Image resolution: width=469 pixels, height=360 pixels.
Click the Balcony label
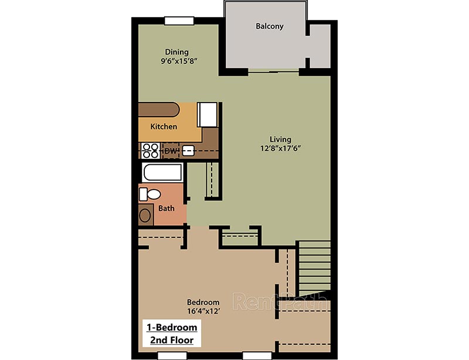coord(270,26)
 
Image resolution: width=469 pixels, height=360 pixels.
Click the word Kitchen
coord(164,127)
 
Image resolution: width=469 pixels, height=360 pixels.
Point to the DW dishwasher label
coord(171,151)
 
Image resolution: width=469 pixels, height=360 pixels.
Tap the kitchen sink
coord(188,151)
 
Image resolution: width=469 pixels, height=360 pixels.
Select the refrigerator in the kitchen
coord(208,114)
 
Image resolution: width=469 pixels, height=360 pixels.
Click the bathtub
coord(162,174)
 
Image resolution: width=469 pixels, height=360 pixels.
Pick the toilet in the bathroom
coord(151,194)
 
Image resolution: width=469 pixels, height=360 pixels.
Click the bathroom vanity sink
coord(145,215)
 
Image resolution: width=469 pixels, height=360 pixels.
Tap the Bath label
coord(166,208)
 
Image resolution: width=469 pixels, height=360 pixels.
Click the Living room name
coord(280,140)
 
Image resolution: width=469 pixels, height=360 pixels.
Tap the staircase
coord(314,267)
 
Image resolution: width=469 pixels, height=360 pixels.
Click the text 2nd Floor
coord(172,339)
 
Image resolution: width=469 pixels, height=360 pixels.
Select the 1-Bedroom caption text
coord(172,327)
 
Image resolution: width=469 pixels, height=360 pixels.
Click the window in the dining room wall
coord(179,21)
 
